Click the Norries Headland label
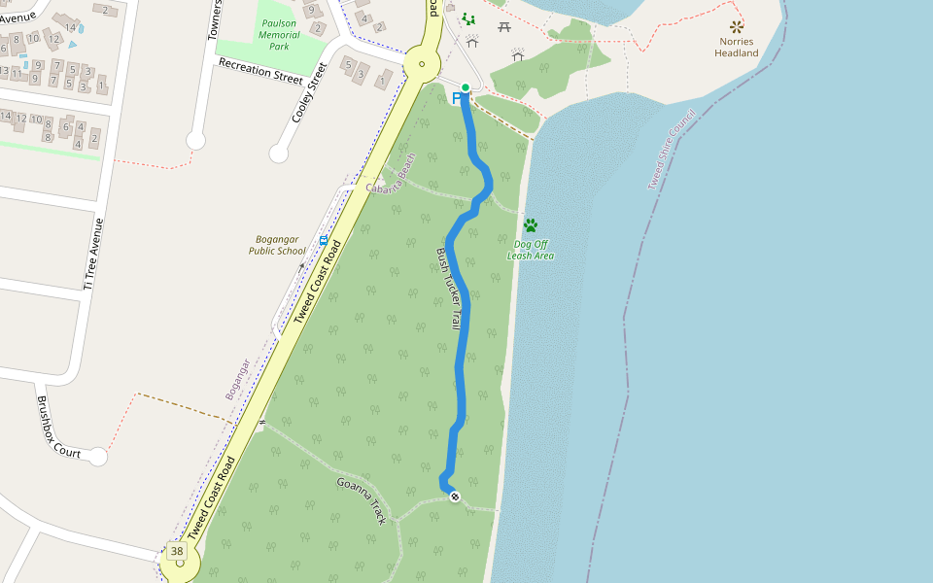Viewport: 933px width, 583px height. pos(737,48)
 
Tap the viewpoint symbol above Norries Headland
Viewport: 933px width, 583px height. pos(737,26)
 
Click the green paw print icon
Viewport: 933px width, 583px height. pos(531,225)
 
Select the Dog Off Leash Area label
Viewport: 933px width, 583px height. pos(531,250)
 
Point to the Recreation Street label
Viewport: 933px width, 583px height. pos(260,70)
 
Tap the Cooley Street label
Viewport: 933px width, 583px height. pos(310,93)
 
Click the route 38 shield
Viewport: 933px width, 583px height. pos(176,552)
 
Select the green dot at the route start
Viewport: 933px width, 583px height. pos(466,88)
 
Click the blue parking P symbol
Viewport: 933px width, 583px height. pos(457,99)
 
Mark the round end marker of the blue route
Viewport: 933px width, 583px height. pos(455,497)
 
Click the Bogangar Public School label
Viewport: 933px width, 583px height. pos(278,245)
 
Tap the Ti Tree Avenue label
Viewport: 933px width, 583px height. pos(92,253)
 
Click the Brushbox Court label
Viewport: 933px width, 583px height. pos(58,426)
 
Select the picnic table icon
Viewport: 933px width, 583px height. pos(503,26)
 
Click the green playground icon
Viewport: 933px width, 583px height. pos(468,18)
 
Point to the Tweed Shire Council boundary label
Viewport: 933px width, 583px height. pos(672,149)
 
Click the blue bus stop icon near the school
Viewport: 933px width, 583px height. pos(324,239)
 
